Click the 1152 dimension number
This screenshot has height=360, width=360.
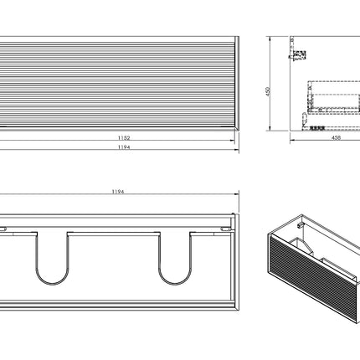tap(124, 138)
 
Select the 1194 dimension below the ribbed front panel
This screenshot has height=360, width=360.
tap(124, 147)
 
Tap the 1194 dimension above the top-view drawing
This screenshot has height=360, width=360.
tap(118, 192)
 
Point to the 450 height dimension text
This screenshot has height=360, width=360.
tap(268, 91)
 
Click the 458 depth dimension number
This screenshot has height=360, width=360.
tap(336, 138)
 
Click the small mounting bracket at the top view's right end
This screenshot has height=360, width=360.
tap(226, 229)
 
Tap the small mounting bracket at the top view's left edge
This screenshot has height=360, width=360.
tap(3, 229)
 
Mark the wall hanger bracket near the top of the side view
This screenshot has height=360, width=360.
tap(298, 54)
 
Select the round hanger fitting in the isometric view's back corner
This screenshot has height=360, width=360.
tap(301, 224)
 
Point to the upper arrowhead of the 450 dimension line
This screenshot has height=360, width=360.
tap(270, 39)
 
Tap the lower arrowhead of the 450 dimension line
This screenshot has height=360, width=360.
tap(270, 128)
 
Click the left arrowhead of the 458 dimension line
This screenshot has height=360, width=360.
tap(292, 141)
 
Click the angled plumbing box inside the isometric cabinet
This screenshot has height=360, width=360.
tap(301, 245)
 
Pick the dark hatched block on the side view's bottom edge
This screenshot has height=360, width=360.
tap(317, 129)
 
